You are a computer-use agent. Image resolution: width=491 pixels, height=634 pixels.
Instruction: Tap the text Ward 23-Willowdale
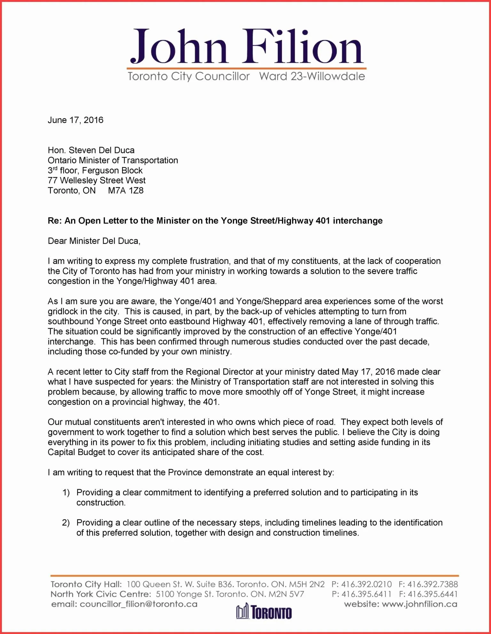click(312, 76)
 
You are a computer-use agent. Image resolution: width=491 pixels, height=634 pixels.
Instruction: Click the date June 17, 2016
click(75, 120)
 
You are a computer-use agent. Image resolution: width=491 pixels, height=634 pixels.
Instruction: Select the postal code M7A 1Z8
click(126, 191)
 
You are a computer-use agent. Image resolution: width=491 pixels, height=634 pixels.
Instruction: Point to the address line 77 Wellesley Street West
click(97, 181)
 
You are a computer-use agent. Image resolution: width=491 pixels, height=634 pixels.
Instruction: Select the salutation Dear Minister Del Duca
click(94, 241)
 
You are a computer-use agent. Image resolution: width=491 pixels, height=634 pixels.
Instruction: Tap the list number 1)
click(66, 493)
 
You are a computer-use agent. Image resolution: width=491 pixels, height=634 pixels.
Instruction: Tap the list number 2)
click(66, 523)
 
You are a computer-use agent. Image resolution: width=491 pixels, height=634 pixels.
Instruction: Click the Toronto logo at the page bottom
click(264, 612)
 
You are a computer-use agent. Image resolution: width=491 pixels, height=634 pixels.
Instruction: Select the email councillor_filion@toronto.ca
click(138, 604)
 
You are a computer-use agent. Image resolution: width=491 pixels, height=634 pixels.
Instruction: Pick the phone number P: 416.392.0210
click(362, 584)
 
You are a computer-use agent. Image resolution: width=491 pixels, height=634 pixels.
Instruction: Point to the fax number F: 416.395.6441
click(428, 594)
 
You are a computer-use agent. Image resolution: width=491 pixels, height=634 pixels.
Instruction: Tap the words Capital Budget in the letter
click(76, 452)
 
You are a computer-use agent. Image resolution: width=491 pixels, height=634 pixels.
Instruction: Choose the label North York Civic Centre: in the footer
click(101, 594)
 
